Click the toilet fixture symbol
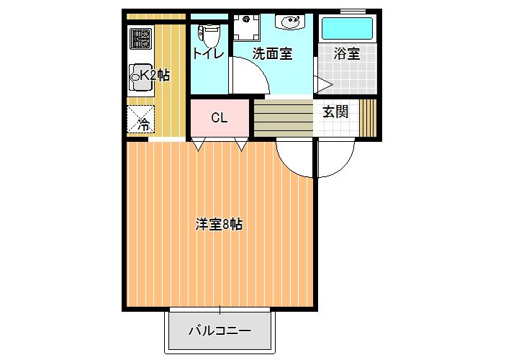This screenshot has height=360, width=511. [x=209, y=35]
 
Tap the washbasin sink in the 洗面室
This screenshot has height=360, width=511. [x=290, y=22]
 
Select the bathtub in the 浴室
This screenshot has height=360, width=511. [x=347, y=28]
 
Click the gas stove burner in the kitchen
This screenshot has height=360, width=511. [x=141, y=39]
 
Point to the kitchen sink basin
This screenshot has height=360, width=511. [x=141, y=77]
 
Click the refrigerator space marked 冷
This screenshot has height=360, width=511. [x=140, y=119]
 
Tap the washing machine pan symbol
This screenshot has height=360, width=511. [x=246, y=27]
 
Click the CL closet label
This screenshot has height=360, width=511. [x=219, y=117]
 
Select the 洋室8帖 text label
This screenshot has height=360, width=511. [x=219, y=225]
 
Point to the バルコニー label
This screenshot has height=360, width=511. [x=220, y=331]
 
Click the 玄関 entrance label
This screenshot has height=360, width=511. [x=335, y=112]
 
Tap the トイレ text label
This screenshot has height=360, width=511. [x=209, y=54]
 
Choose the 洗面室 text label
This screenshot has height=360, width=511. [x=273, y=54]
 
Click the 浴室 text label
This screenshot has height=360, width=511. [x=346, y=54]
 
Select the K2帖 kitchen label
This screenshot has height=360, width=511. [x=155, y=76]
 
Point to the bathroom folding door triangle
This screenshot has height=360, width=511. [x=323, y=85]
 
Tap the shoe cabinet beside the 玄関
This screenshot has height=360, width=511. [x=368, y=117]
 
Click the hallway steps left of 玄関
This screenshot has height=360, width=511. [x=284, y=118]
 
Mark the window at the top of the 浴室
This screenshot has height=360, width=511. [x=353, y=12]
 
